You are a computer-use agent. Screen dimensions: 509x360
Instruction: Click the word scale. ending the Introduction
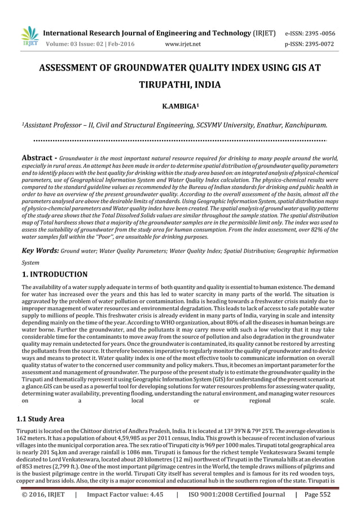[327, 401]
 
